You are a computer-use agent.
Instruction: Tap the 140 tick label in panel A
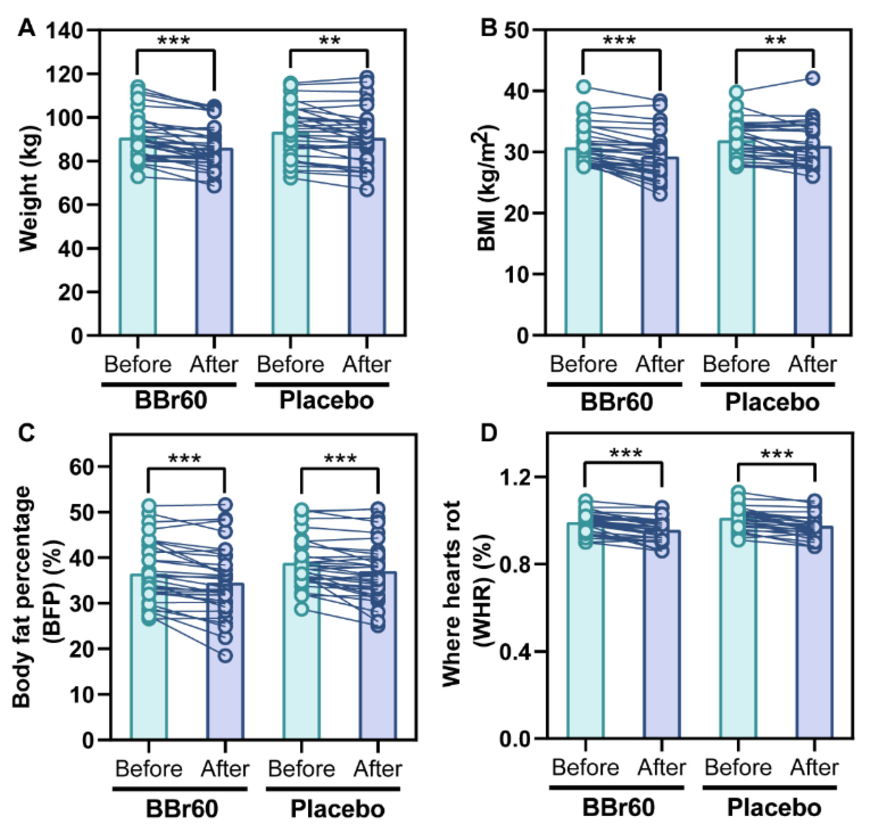tap(65, 31)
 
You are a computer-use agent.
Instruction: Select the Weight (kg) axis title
tap(29, 189)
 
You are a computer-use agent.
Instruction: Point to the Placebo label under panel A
tap(326, 400)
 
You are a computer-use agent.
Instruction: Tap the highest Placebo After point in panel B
tap(813, 79)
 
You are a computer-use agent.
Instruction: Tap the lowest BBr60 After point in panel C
tap(225, 656)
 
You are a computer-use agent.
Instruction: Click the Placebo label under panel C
tap(337, 809)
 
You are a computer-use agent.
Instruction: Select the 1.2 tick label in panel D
tap(515, 477)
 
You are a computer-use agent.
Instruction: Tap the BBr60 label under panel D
tap(619, 807)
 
